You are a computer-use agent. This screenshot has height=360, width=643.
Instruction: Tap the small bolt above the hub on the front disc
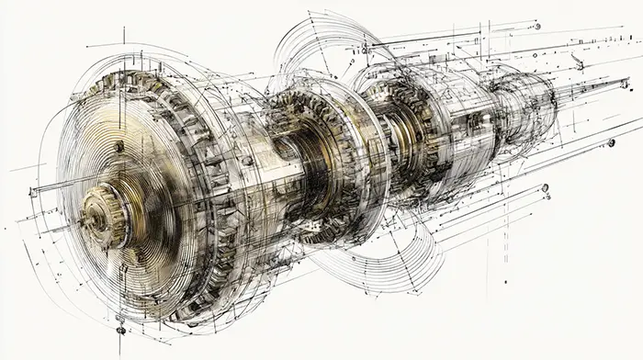[118, 146]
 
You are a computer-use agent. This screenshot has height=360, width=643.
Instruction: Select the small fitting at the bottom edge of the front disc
[120, 328]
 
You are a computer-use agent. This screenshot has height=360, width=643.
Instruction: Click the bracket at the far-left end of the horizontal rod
[33, 192]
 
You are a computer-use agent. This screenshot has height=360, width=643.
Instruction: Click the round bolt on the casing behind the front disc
[246, 161]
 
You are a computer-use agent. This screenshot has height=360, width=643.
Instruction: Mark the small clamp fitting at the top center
[367, 44]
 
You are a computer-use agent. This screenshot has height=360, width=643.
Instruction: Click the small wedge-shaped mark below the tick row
[577, 62]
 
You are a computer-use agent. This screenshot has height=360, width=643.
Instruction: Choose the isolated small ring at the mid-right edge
[611, 142]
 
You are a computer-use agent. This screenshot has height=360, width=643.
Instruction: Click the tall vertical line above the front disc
[124, 35]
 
